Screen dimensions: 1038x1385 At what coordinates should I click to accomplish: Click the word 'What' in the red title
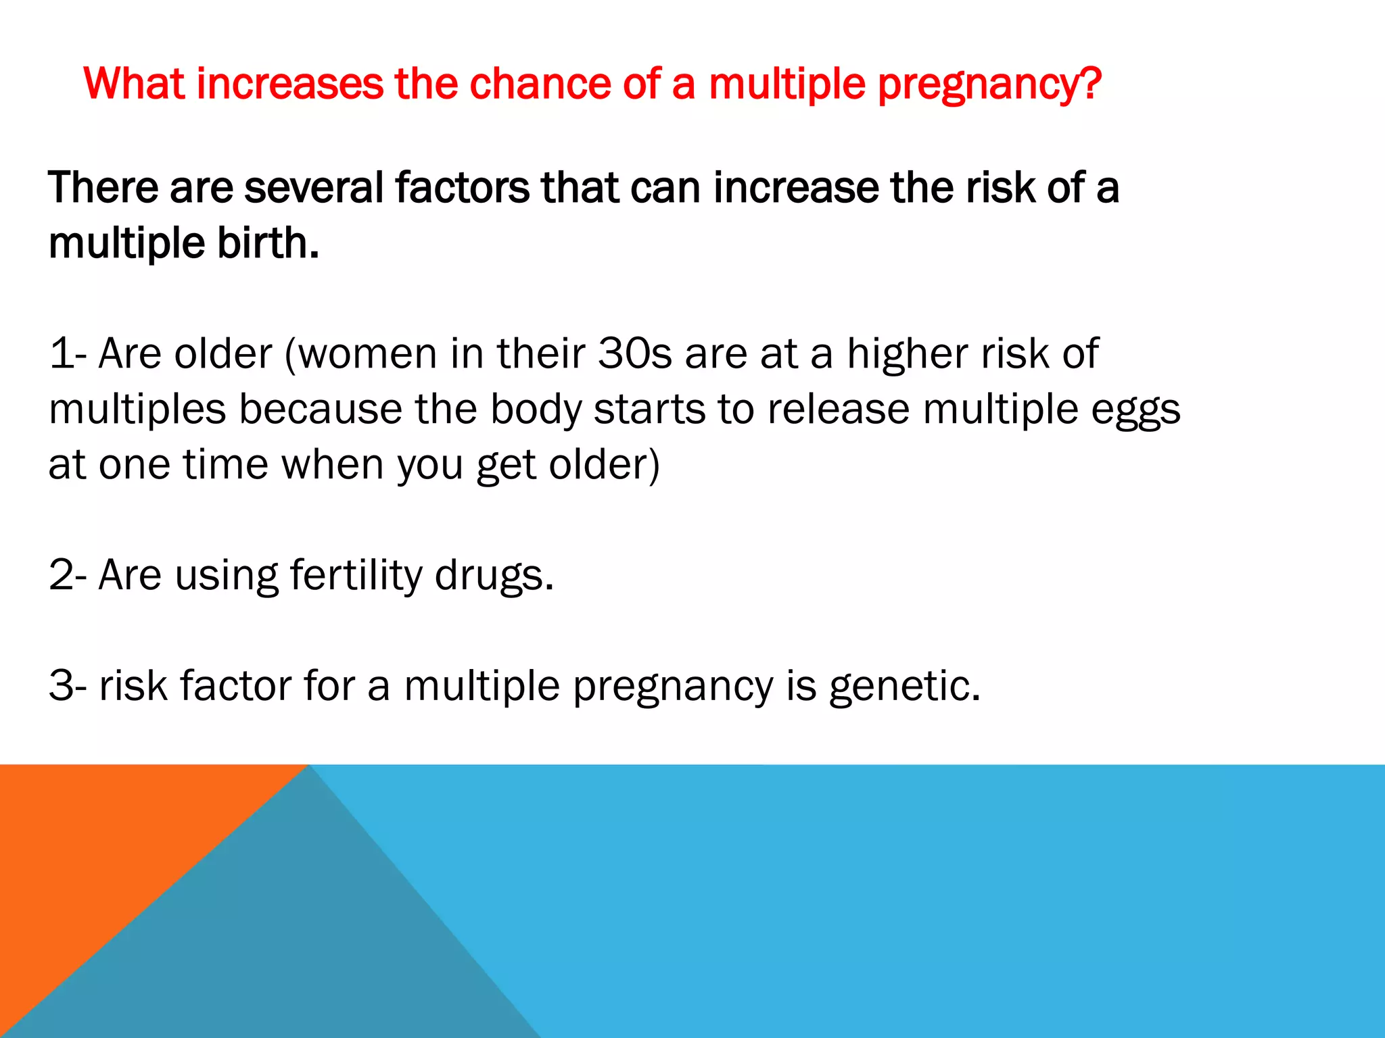coord(133,84)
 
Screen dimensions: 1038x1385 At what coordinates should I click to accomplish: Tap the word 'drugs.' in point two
coord(494,576)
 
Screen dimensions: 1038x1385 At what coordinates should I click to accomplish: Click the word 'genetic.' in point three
coord(904,687)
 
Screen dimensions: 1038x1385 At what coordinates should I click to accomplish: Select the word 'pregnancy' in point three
coord(673,687)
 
